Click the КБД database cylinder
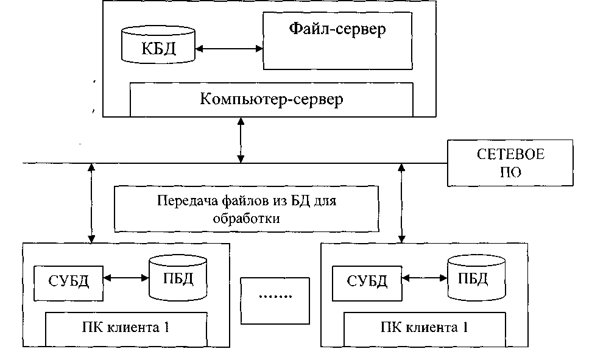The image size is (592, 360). click(158, 46)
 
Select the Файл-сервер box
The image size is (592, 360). click(336, 40)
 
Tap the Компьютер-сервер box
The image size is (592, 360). click(271, 99)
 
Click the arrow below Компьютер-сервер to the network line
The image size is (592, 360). click(242, 139)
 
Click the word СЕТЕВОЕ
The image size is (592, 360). click(510, 155)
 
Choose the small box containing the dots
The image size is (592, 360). click(275, 296)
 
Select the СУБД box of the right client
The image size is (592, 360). click(367, 281)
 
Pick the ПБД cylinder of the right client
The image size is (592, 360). click(476, 278)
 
